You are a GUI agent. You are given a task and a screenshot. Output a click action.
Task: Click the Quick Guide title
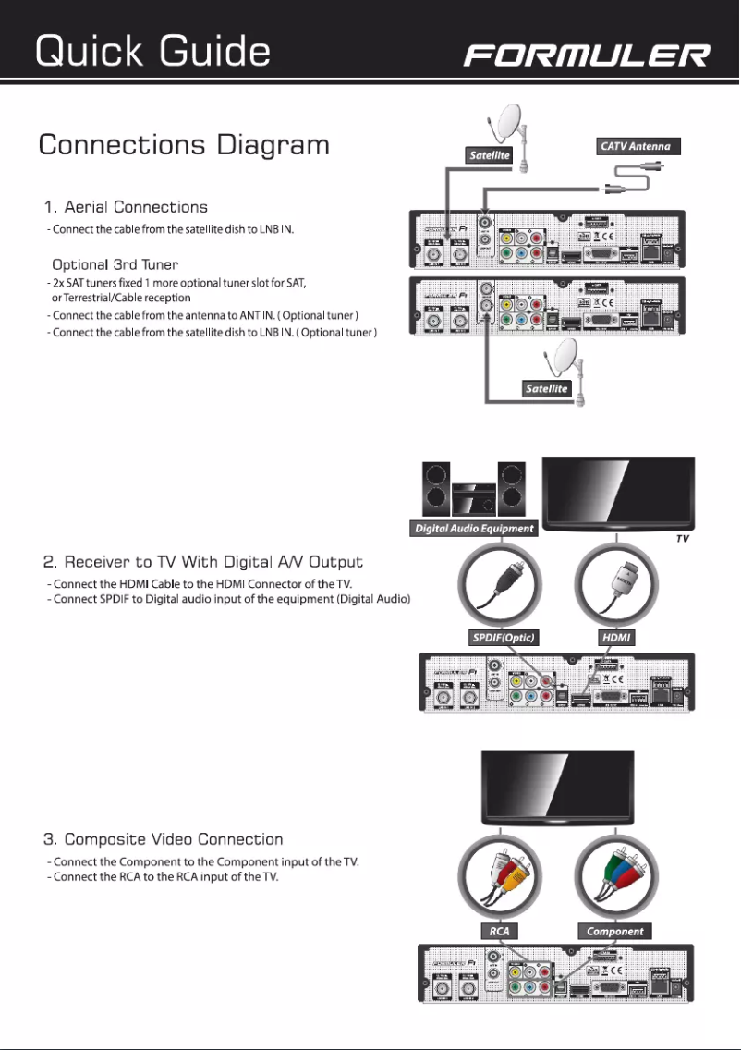152,51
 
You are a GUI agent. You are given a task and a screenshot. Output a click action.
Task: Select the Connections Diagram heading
184,146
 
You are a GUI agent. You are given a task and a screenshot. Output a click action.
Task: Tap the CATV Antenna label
635,146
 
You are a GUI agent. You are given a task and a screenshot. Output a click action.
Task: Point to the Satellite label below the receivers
546,389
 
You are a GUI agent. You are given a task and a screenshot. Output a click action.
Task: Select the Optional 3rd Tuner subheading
115,265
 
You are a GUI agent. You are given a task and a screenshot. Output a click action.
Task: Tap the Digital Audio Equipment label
473,529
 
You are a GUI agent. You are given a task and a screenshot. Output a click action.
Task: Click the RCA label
499,931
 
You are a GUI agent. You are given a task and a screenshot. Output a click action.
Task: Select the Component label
615,931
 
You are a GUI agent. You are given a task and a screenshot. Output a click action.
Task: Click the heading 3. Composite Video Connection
164,839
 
